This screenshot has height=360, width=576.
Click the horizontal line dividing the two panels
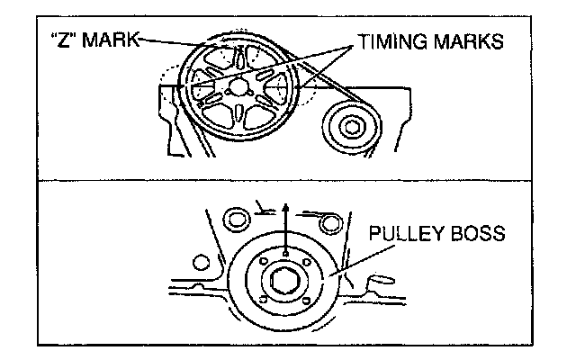pyautogui.click(x=288, y=179)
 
